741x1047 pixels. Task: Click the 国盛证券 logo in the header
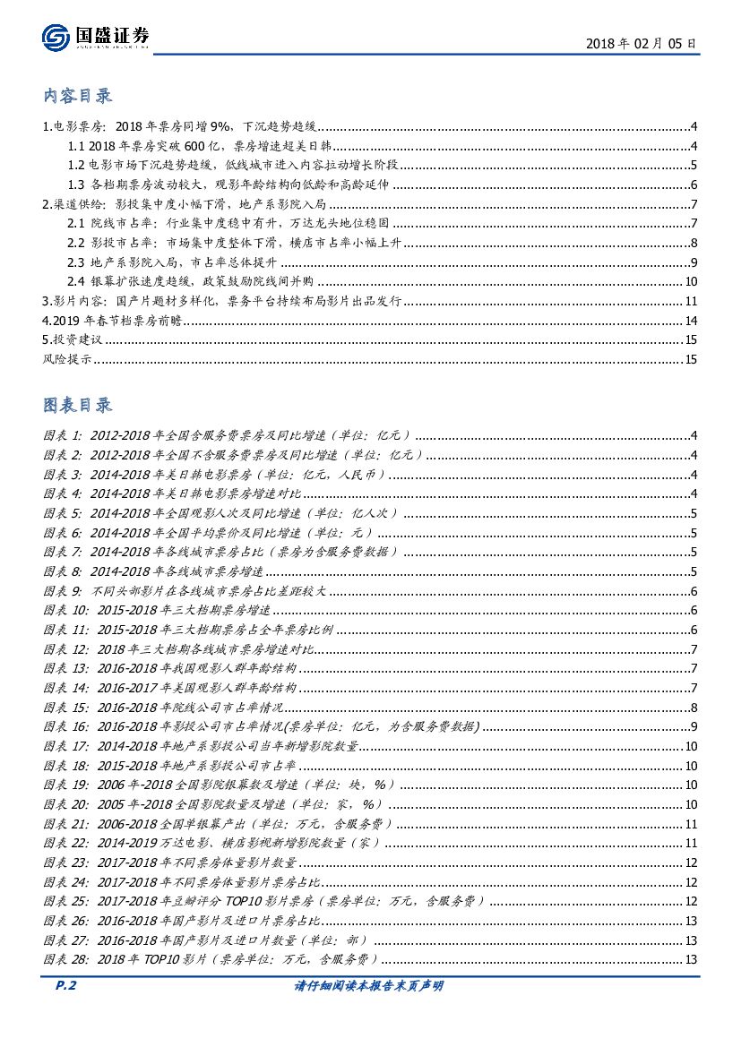[96, 36]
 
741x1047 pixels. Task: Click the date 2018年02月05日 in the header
[641, 42]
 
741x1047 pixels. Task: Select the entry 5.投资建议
[73, 340]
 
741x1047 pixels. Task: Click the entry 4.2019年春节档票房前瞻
[113, 321]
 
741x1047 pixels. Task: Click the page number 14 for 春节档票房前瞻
[691, 321]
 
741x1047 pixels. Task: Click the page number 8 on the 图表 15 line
[694, 708]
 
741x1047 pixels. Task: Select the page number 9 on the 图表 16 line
[694, 726]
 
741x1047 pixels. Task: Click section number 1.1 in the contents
[77, 147]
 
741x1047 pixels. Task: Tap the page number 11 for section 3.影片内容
[691, 302]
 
